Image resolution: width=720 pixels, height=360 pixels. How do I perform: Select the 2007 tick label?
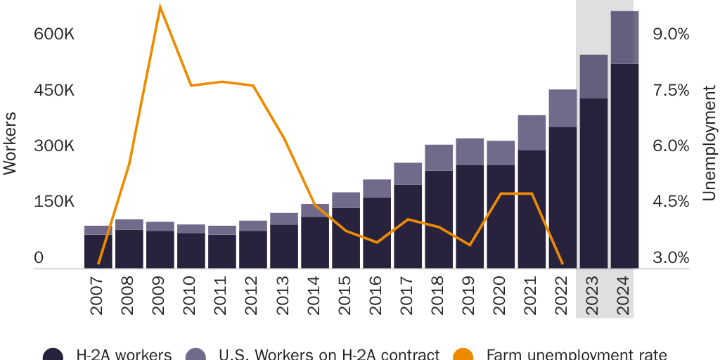click(x=98, y=294)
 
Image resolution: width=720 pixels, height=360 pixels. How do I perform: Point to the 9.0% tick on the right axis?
click(x=671, y=34)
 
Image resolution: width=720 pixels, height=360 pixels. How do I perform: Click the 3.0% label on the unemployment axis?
click(x=671, y=258)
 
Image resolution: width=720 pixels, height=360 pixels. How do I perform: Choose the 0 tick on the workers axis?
click(x=39, y=258)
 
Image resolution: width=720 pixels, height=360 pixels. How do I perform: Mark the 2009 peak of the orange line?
click(x=160, y=6)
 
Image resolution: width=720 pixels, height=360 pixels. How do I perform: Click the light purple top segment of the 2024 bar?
click(x=624, y=37)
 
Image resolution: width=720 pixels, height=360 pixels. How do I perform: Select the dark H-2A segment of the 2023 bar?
click(x=593, y=183)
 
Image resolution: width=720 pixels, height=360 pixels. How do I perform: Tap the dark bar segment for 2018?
click(x=439, y=219)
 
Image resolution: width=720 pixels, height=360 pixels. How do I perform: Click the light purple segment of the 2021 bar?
click(x=532, y=132)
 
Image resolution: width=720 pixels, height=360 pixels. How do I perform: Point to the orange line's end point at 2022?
click(x=562, y=264)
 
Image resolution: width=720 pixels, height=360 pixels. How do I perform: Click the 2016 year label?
click(x=377, y=294)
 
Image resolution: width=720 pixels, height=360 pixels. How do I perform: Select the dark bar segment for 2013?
click(x=284, y=246)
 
